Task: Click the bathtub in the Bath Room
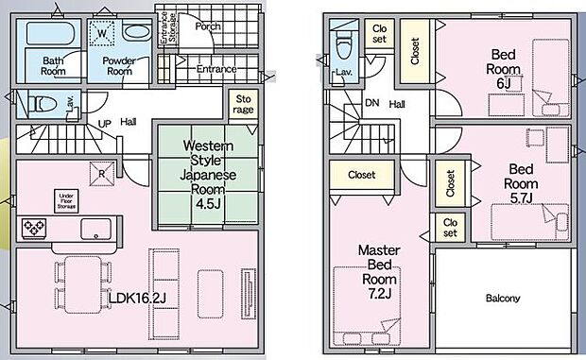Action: (50, 34)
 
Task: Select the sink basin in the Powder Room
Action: (137, 32)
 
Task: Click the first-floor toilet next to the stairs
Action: (43, 104)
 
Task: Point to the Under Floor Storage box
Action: (66, 201)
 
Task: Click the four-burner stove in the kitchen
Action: (34, 228)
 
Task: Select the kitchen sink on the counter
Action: (96, 229)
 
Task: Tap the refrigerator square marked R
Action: (102, 174)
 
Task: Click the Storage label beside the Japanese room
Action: (243, 104)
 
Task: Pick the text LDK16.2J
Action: (137, 298)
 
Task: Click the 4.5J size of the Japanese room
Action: (207, 203)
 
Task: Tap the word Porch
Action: (208, 26)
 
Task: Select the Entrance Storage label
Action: (168, 27)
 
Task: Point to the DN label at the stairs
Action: (371, 103)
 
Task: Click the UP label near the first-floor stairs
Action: (104, 124)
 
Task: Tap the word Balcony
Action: (503, 299)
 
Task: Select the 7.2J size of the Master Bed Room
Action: (379, 294)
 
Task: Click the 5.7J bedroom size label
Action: (522, 197)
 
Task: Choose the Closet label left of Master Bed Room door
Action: (361, 175)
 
